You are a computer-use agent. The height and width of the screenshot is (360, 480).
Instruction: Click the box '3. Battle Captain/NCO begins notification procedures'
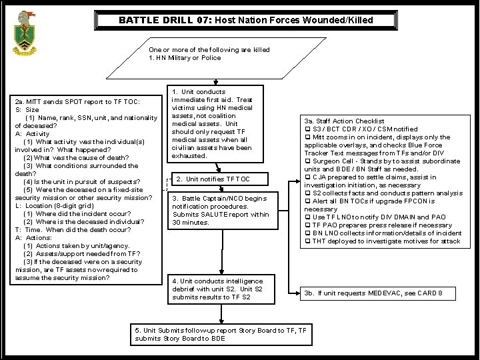pyautogui.click(x=220, y=210)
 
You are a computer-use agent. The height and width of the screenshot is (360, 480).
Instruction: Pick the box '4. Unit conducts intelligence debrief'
pyautogui.click(x=221, y=289)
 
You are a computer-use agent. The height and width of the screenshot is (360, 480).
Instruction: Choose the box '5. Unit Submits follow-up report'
pyautogui.click(x=221, y=334)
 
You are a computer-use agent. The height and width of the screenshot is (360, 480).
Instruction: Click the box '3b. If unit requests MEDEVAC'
pyautogui.click(x=381, y=293)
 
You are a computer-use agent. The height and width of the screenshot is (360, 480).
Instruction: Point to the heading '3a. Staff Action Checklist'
pyautogui.click(x=344, y=121)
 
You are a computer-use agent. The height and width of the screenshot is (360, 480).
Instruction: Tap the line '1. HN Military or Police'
pyautogui.click(x=185, y=58)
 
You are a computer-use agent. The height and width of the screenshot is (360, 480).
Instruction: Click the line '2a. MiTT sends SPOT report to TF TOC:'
pyautogui.click(x=77, y=101)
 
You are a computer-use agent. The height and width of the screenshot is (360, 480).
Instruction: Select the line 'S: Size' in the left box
pyautogui.click(x=27, y=109)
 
